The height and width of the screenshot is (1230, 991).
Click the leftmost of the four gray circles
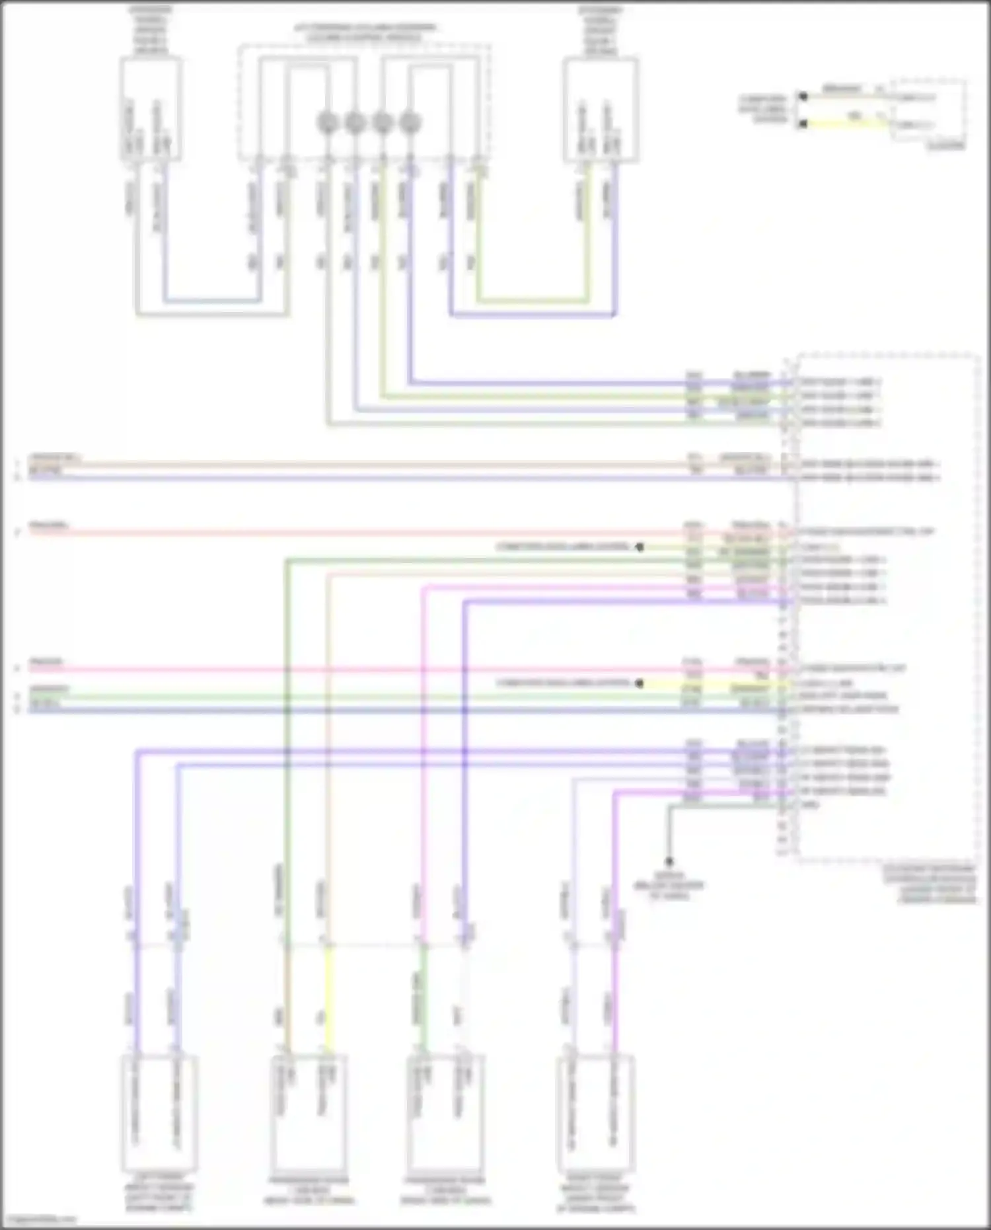coord(328,122)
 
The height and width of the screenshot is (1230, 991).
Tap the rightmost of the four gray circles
coord(410,122)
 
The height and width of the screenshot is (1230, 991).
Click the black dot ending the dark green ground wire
coord(669,861)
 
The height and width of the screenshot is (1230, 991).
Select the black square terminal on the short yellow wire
coord(803,124)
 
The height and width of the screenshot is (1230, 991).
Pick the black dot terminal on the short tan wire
coord(803,96)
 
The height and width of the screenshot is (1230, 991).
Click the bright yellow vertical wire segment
coord(328,998)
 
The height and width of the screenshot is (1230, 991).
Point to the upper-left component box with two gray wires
coord(151,109)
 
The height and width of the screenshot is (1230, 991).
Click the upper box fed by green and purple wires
coord(601,110)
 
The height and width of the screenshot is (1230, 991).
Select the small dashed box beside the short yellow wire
coord(928,110)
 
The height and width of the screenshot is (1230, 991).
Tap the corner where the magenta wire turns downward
coord(423,587)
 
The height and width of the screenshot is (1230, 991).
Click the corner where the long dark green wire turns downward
coord(287,561)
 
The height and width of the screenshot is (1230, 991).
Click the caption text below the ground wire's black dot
coord(669,886)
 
